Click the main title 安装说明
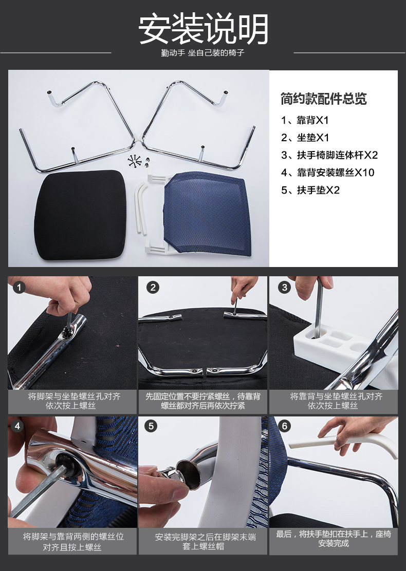click(x=203, y=29)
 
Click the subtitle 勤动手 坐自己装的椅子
click(x=202, y=53)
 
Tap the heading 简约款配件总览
click(x=324, y=99)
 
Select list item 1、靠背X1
click(x=305, y=120)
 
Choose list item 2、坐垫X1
click(x=305, y=138)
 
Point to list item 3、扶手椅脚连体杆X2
click(x=329, y=155)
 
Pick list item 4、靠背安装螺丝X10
click(x=328, y=173)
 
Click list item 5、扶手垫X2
click(x=310, y=190)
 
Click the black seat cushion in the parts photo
click(x=81, y=215)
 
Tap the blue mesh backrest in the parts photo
click(x=208, y=214)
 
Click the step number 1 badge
click(x=19, y=288)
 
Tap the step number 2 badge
click(x=153, y=288)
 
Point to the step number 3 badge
click(x=284, y=288)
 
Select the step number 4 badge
click(x=17, y=426)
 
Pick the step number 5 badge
click(x=151, y=426)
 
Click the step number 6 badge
click(x=284, y=426)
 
